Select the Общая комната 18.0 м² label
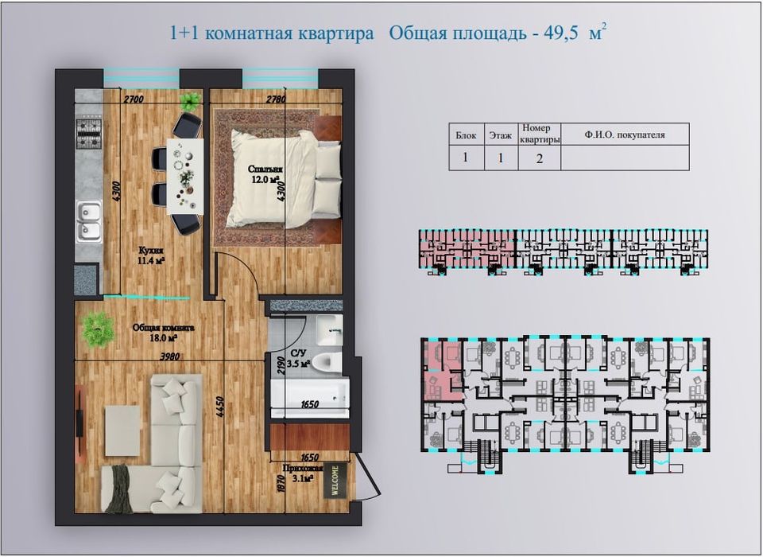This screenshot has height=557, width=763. coord(162,332)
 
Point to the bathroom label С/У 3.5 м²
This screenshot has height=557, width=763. coord(300,359)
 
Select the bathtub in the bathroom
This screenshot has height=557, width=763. coord(309,391)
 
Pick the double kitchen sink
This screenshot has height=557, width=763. coord(88,221)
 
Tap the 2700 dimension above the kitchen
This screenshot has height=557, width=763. coord(133,99)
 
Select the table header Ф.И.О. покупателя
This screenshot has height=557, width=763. coord(624,135)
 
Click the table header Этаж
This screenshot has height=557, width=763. coord(500,136)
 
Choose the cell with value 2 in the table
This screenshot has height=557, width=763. coord(539,158)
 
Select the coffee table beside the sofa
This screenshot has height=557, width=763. coord(122,430)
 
